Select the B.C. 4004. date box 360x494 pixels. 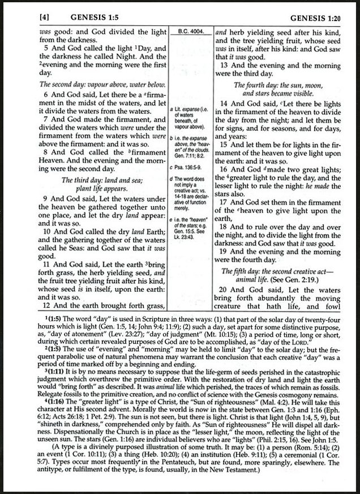[191, 32]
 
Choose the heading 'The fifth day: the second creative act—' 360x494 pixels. [281, 271]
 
